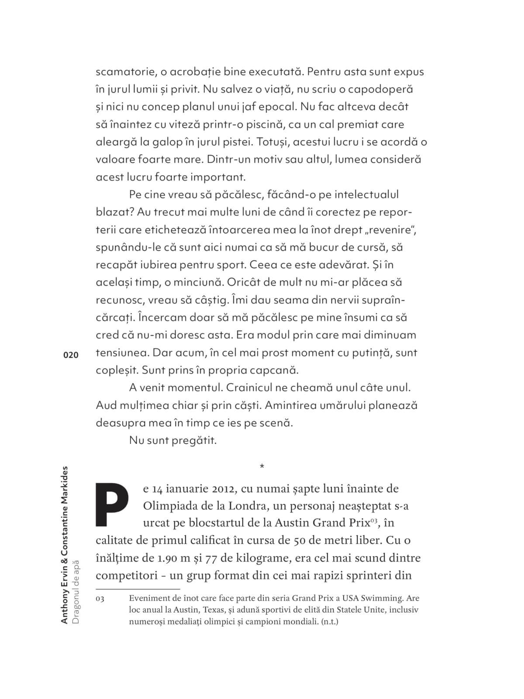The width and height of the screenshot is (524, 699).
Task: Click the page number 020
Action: pos(71,355)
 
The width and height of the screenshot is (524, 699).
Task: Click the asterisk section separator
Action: pos(262,467)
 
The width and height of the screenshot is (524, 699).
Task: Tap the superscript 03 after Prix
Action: pos(374,520)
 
